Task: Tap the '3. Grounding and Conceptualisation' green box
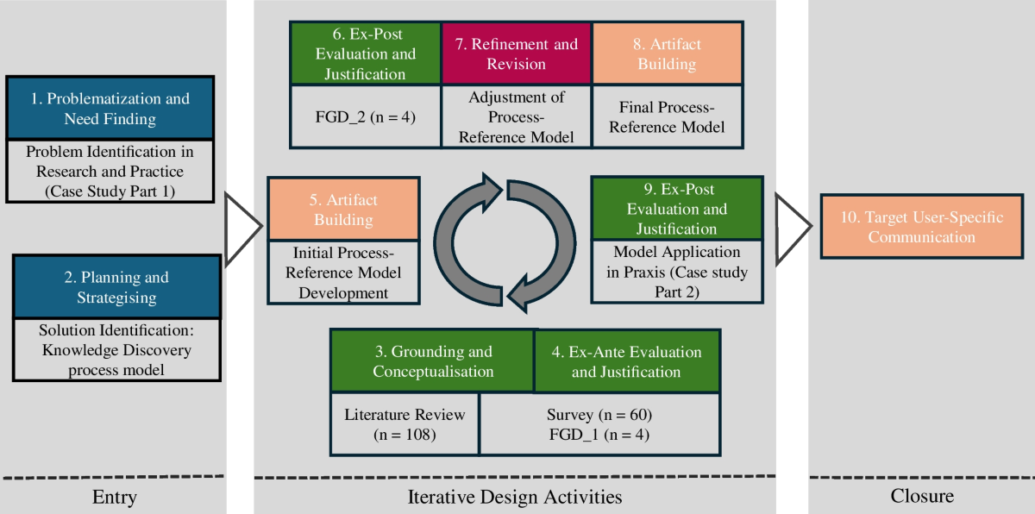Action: (x=432, y=361)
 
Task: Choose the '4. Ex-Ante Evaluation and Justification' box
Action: (x=626, y=361)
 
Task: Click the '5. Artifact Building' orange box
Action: (x=344, y=210)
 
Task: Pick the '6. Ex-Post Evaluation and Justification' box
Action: (x=367, y=53)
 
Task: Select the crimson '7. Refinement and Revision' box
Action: (x=516, y=53)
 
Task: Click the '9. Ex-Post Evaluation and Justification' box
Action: (x=676, y=210)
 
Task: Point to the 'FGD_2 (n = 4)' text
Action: (x=367, y=116)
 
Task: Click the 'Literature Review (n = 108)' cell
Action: (x=405, y=424)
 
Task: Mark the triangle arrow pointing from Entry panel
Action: (x=241, y=227)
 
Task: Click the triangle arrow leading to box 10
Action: (x=792, y=226)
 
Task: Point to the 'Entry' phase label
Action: (x=114, y=497)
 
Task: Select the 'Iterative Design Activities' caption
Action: (x=515, y=497)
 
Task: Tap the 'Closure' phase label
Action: (x=921, y=496)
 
